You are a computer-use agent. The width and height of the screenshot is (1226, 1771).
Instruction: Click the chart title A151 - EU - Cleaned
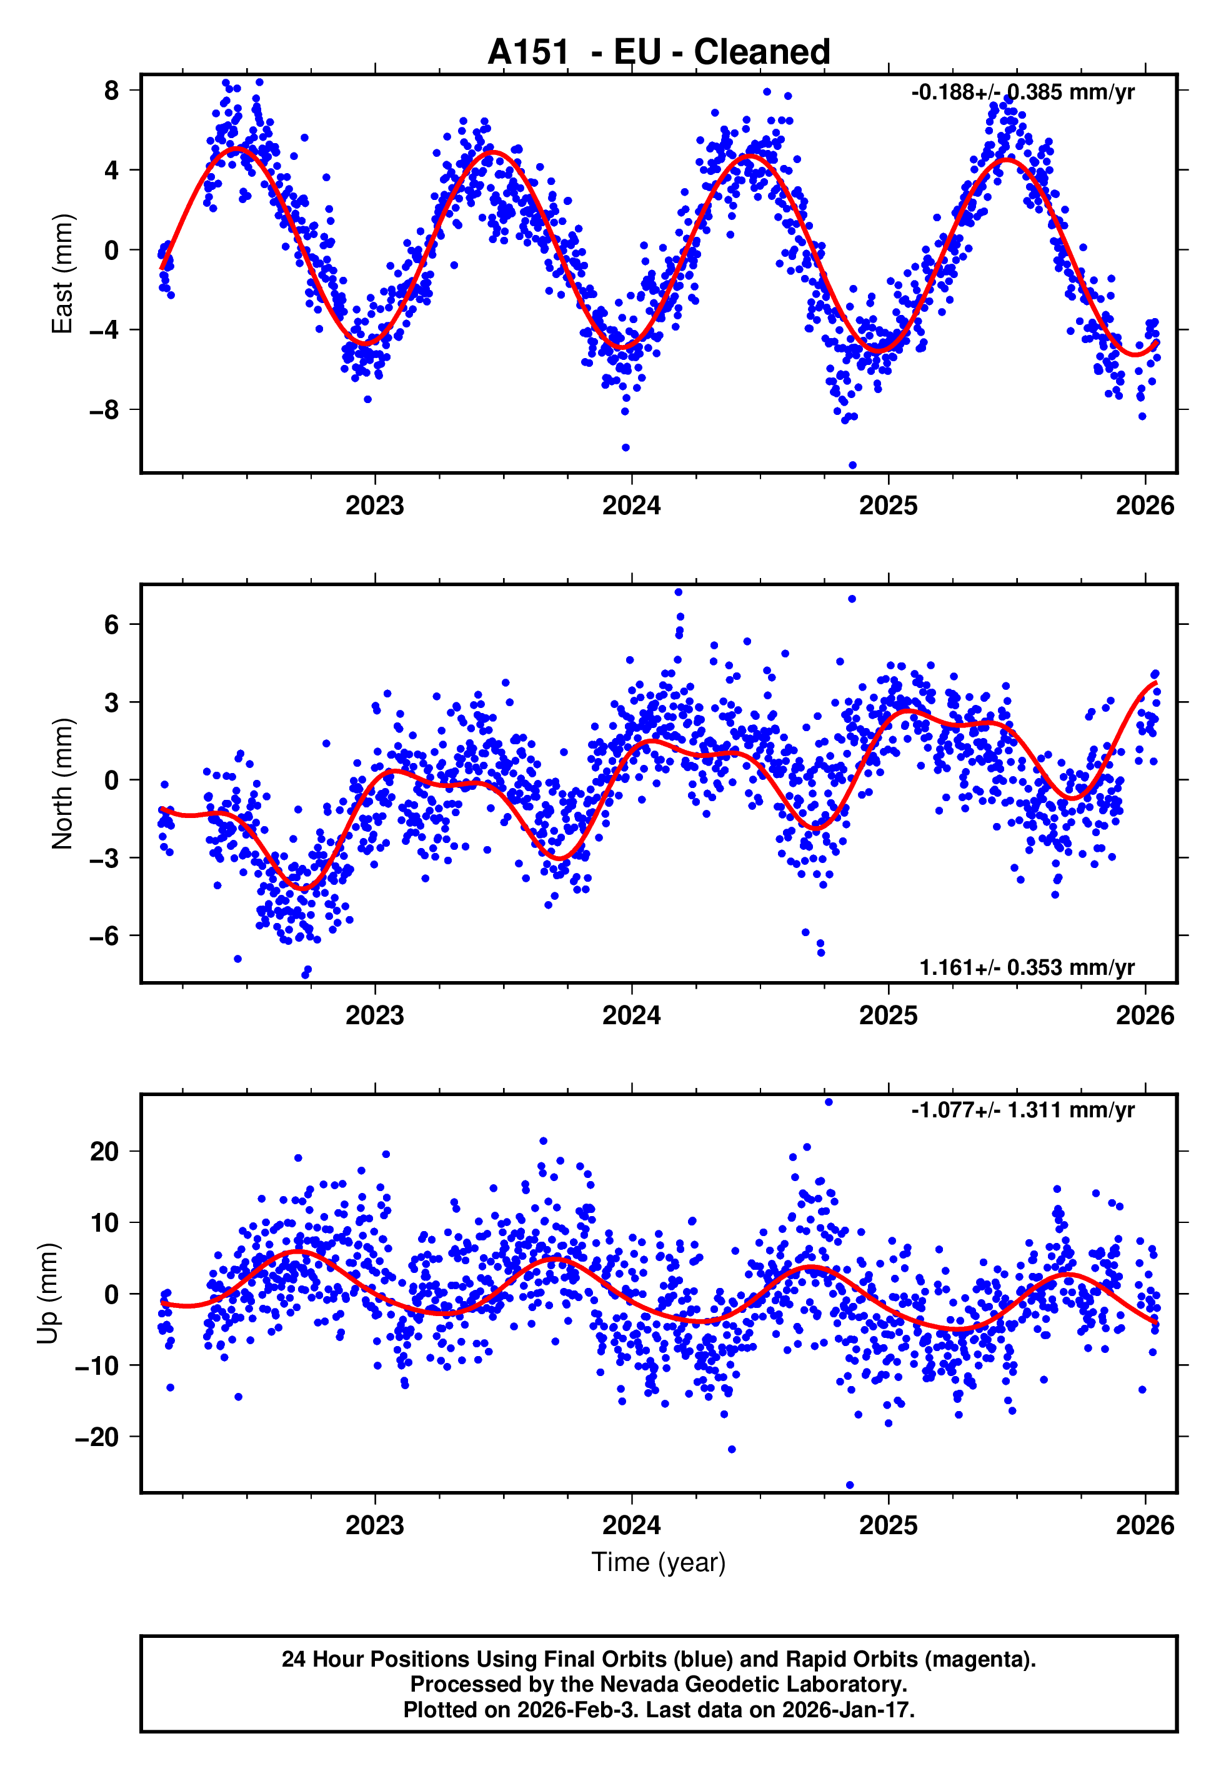(x=659, y=52)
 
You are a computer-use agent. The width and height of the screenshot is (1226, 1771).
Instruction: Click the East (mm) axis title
(x=61, y=274)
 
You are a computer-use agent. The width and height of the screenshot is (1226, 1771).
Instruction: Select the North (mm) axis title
(x=61, y=784)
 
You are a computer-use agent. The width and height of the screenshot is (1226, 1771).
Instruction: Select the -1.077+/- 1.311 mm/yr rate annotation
(x=1022, y=1110)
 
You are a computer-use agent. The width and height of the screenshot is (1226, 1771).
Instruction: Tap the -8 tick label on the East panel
(x=104, y=410)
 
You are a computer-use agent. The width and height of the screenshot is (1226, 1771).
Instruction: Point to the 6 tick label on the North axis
(x=112, y=624)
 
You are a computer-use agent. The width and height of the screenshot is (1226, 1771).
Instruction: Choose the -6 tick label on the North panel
(x=104, y=935)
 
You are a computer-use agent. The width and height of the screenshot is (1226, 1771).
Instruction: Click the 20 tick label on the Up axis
(x=104, y=1151)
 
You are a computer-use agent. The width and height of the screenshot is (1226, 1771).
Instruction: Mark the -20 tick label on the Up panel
(x=97, y=1436)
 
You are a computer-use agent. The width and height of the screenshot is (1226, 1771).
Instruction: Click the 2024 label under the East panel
(x=632, y=506)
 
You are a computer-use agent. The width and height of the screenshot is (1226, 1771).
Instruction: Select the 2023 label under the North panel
(x=375, y=1015)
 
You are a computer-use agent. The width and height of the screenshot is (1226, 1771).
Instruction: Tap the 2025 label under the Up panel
(x=888, y=1525)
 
